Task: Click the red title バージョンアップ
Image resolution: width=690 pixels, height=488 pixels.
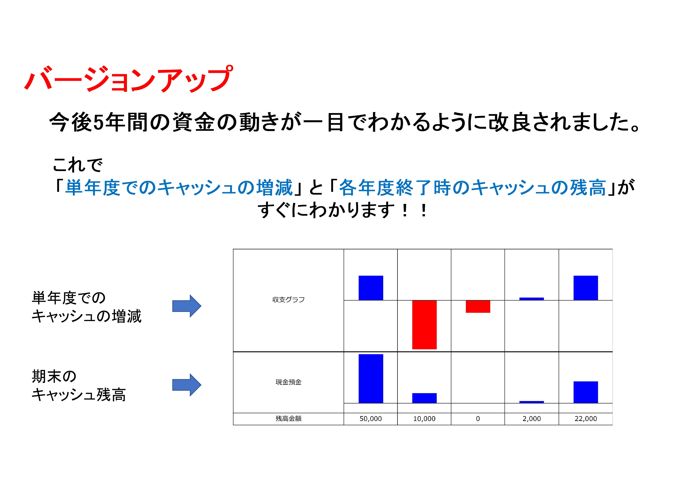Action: [x=129, y=79]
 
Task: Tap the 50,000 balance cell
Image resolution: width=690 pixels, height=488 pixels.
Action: [x=371, y=419]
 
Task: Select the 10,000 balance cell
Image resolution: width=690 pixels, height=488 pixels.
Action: [x=424, y=419]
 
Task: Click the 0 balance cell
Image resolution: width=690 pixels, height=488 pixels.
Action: [x=478, y=419]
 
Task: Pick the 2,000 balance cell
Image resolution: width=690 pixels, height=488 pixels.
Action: [x=532, y=419]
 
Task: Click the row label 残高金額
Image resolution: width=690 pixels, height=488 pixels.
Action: [x=288, y=419]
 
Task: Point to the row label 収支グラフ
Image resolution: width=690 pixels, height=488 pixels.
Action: [x=288, y=299]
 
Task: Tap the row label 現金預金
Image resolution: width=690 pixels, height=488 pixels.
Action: [x=288, y=382]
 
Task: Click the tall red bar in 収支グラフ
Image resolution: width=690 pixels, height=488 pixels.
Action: [x=424, y=325]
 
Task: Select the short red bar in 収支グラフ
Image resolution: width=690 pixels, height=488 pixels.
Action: [x=478, y=306]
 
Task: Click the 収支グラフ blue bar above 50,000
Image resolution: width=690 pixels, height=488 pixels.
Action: [x=371, y=288]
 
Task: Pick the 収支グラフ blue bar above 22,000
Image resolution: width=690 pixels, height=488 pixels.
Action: [x=586, y=288]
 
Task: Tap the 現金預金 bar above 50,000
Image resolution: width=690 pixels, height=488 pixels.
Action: [x=371, y=379]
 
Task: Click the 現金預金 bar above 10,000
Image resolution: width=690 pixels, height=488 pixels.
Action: [x=424, y=398]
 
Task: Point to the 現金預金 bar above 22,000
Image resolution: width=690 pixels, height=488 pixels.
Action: [x=586, y=392]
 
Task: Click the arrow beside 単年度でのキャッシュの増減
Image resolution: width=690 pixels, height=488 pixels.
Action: [x=187, y=306]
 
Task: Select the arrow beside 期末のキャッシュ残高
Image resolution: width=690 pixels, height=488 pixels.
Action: [x=187, y=385]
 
